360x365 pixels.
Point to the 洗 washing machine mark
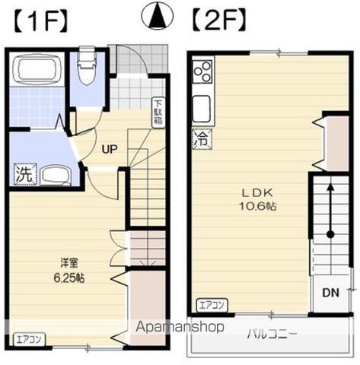(24, 174)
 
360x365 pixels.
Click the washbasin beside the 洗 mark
(55, 175)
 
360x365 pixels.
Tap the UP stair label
(110, 149)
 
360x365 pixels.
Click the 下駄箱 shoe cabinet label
(158, 113)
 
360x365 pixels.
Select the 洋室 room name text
(69, 264)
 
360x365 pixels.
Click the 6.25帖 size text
(69, 278)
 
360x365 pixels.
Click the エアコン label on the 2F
(210, 306)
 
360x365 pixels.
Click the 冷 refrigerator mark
(200, 140)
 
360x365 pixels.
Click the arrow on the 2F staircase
(330, 209)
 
